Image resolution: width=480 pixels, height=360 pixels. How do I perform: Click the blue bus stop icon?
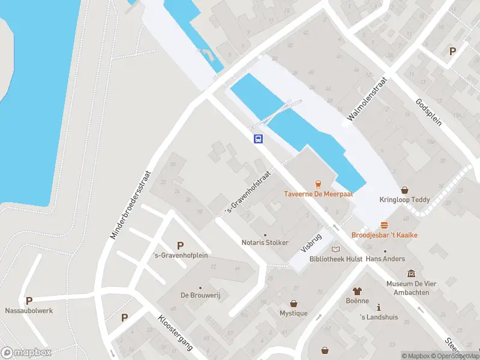[x=258, y=139]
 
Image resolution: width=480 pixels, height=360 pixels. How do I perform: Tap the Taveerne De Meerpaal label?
[x=318, y=194]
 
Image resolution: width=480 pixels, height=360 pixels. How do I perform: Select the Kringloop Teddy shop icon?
[x=404, y=189]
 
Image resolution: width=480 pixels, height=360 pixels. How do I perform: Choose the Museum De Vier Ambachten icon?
[x=411, y=274]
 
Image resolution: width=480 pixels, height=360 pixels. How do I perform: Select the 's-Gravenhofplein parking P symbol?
[x=179, y=245]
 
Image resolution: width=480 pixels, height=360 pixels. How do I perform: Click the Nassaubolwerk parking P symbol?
[x=28, y=301]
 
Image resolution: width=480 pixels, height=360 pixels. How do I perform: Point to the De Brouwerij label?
[x=197, y=295]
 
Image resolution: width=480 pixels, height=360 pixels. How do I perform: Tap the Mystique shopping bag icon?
[x=293, y=304]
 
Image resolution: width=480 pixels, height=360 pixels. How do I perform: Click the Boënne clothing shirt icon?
[x=359, y=290]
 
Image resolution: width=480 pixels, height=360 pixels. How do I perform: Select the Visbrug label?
[x=311, y=242]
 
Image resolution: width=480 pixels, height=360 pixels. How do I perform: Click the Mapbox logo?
[x=26, y=353]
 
